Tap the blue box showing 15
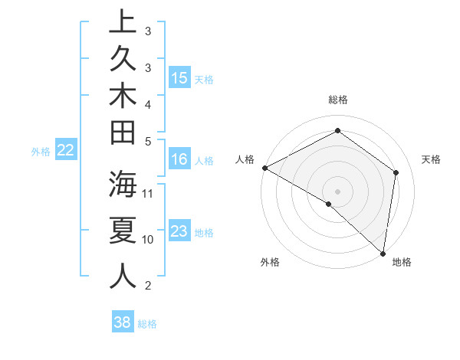pos(179,78)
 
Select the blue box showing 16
pos(179,159)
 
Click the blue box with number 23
pos(179,231)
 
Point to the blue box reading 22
pos(66,151)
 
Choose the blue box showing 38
pos(123,322)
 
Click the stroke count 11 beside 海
pos(148,192)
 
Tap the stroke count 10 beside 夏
pos(148,239)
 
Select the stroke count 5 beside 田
pos(148,140)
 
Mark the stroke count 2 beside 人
pos(148,286)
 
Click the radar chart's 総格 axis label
pos(337,100)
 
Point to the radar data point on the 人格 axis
pos(264,168)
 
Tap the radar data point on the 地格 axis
pos(383,253)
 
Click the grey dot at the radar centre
pos(337,191)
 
